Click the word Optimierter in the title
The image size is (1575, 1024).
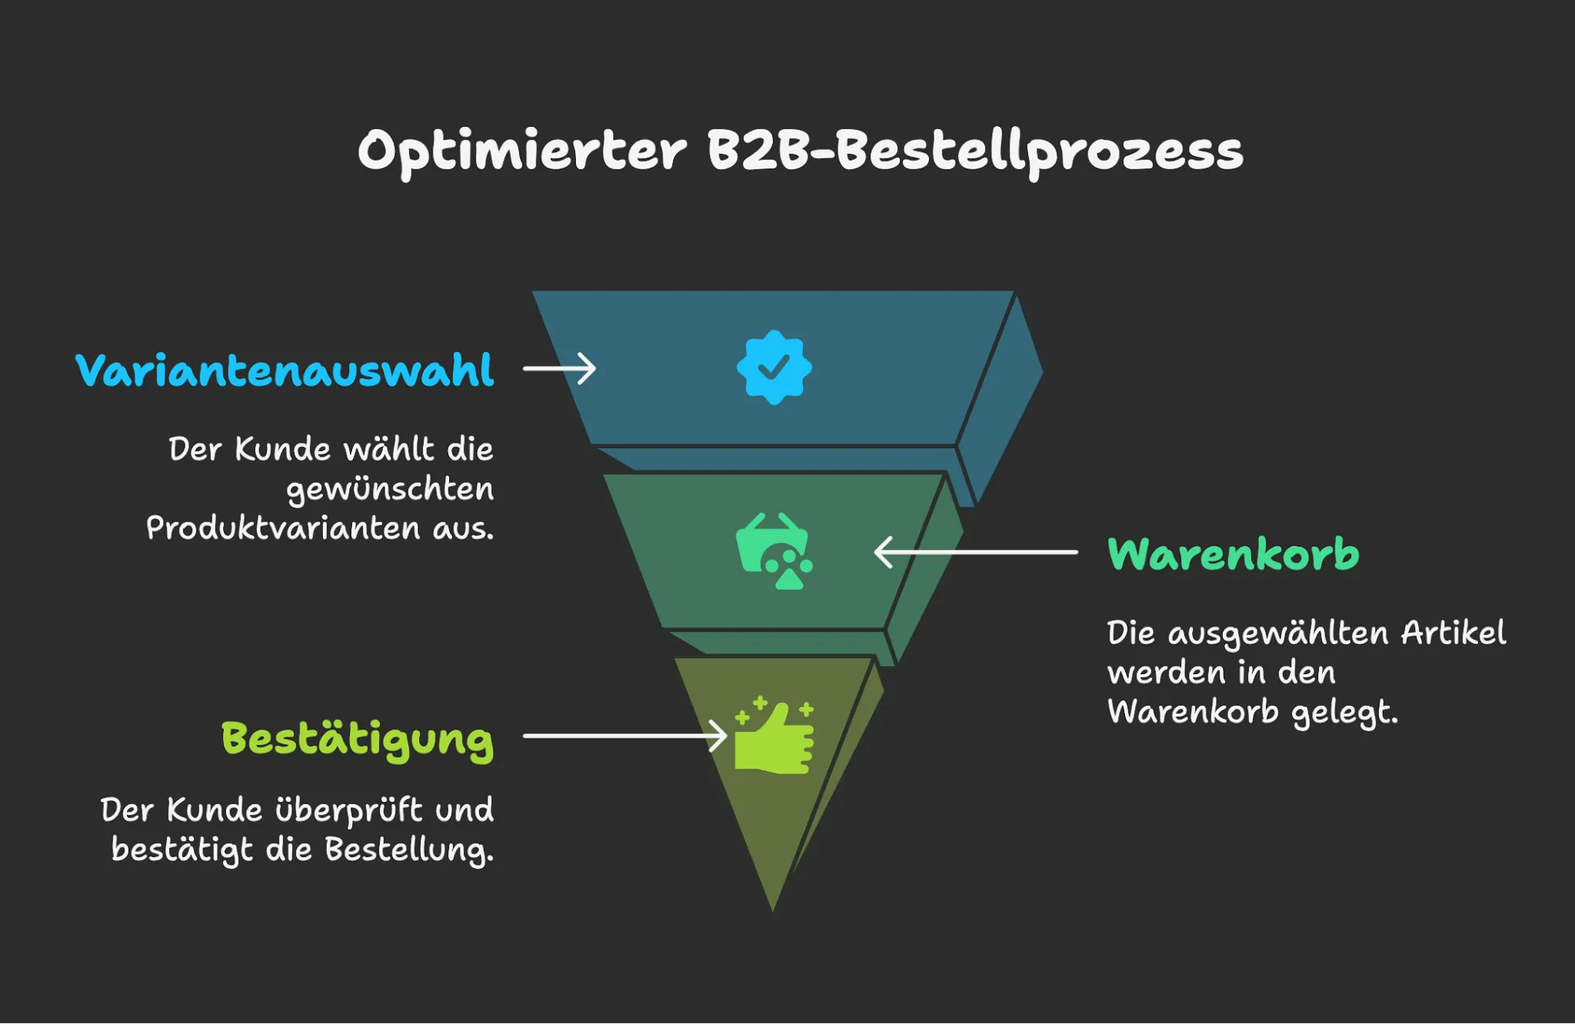(x=522, y=151)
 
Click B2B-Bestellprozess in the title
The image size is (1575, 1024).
(x=975, y=151)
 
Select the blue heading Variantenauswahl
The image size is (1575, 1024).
(x=284, y=370)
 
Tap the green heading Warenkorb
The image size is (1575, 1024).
(x=1233, y=554)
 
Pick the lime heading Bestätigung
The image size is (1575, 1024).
(x=357, y=740)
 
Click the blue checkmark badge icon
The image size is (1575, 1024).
(x=774, y=367)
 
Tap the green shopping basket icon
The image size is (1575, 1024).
(x=774, y=551)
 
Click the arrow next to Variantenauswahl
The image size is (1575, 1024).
(x=559, y=369)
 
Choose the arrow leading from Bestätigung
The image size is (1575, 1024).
(x=624, y=736)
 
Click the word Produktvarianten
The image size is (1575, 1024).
(x=283, y=528)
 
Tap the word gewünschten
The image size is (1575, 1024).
(x=390, y=489)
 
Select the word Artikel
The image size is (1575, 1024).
(x=1453, y=633)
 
